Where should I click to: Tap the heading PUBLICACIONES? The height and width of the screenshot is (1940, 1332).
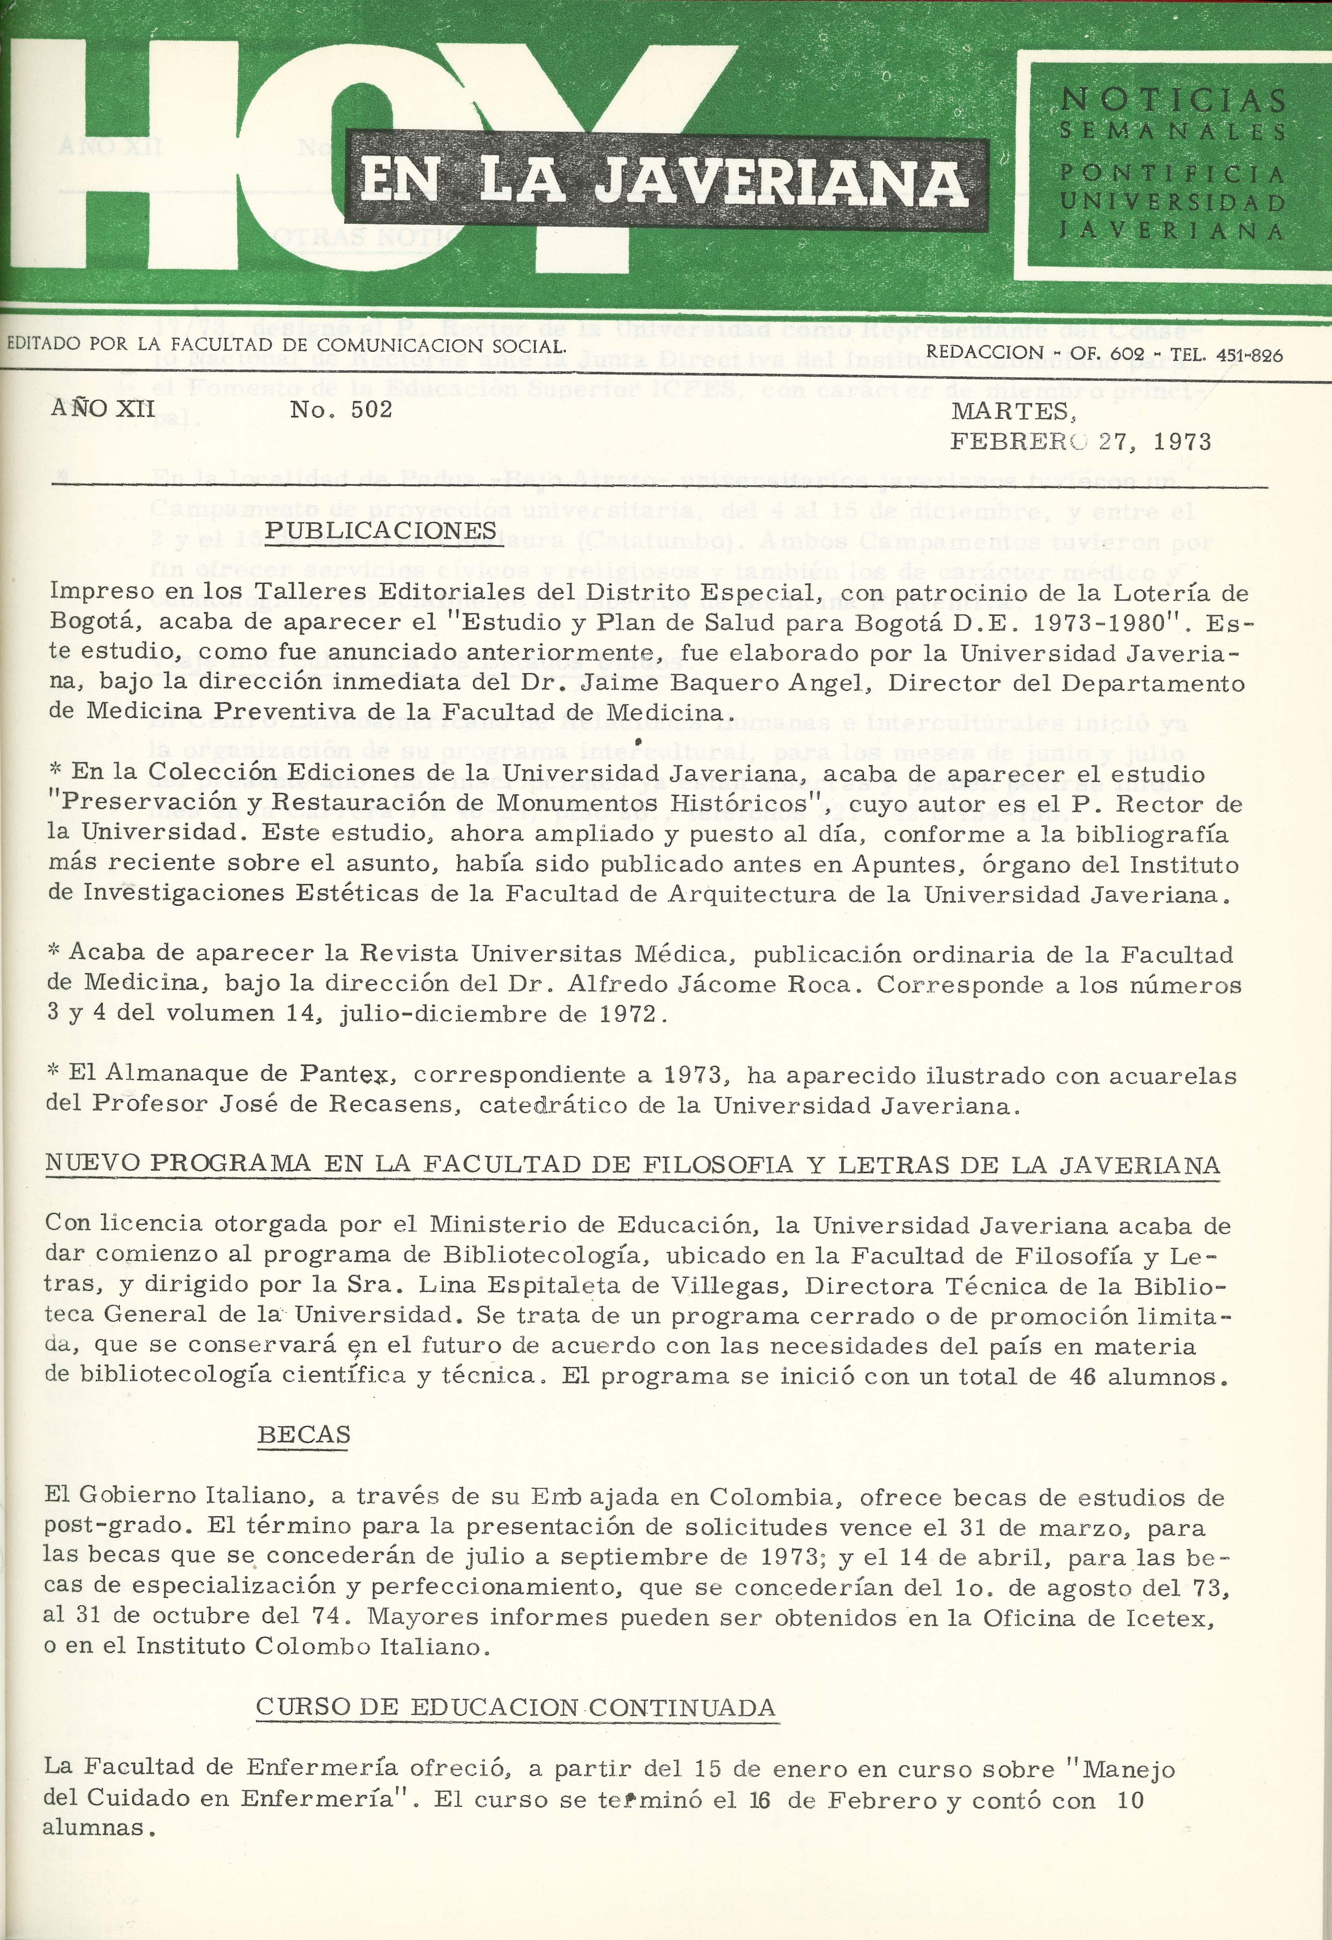[x=380, y=531]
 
